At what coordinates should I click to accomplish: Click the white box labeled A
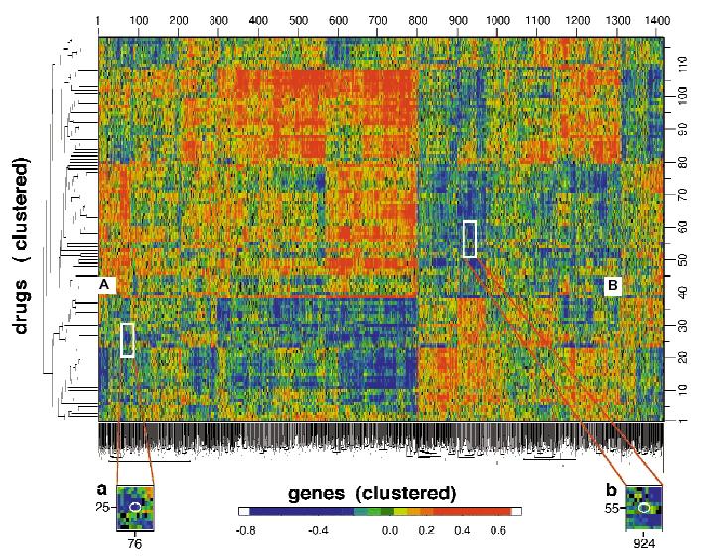[x=107, y=285]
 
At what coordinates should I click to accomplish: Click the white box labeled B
[x=613, y=285]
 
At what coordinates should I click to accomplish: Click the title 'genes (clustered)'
[x=371, y=492]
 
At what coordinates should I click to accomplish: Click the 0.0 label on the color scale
[x=390, y=531]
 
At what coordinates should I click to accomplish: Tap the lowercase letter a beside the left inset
[x=100, y=489]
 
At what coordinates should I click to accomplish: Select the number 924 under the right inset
[x=644, y=544]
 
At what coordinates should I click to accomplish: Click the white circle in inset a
[x=137, y=507]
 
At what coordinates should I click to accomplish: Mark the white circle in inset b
[x=644, y=508]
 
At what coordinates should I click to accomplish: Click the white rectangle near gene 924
[x=470, y=239]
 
